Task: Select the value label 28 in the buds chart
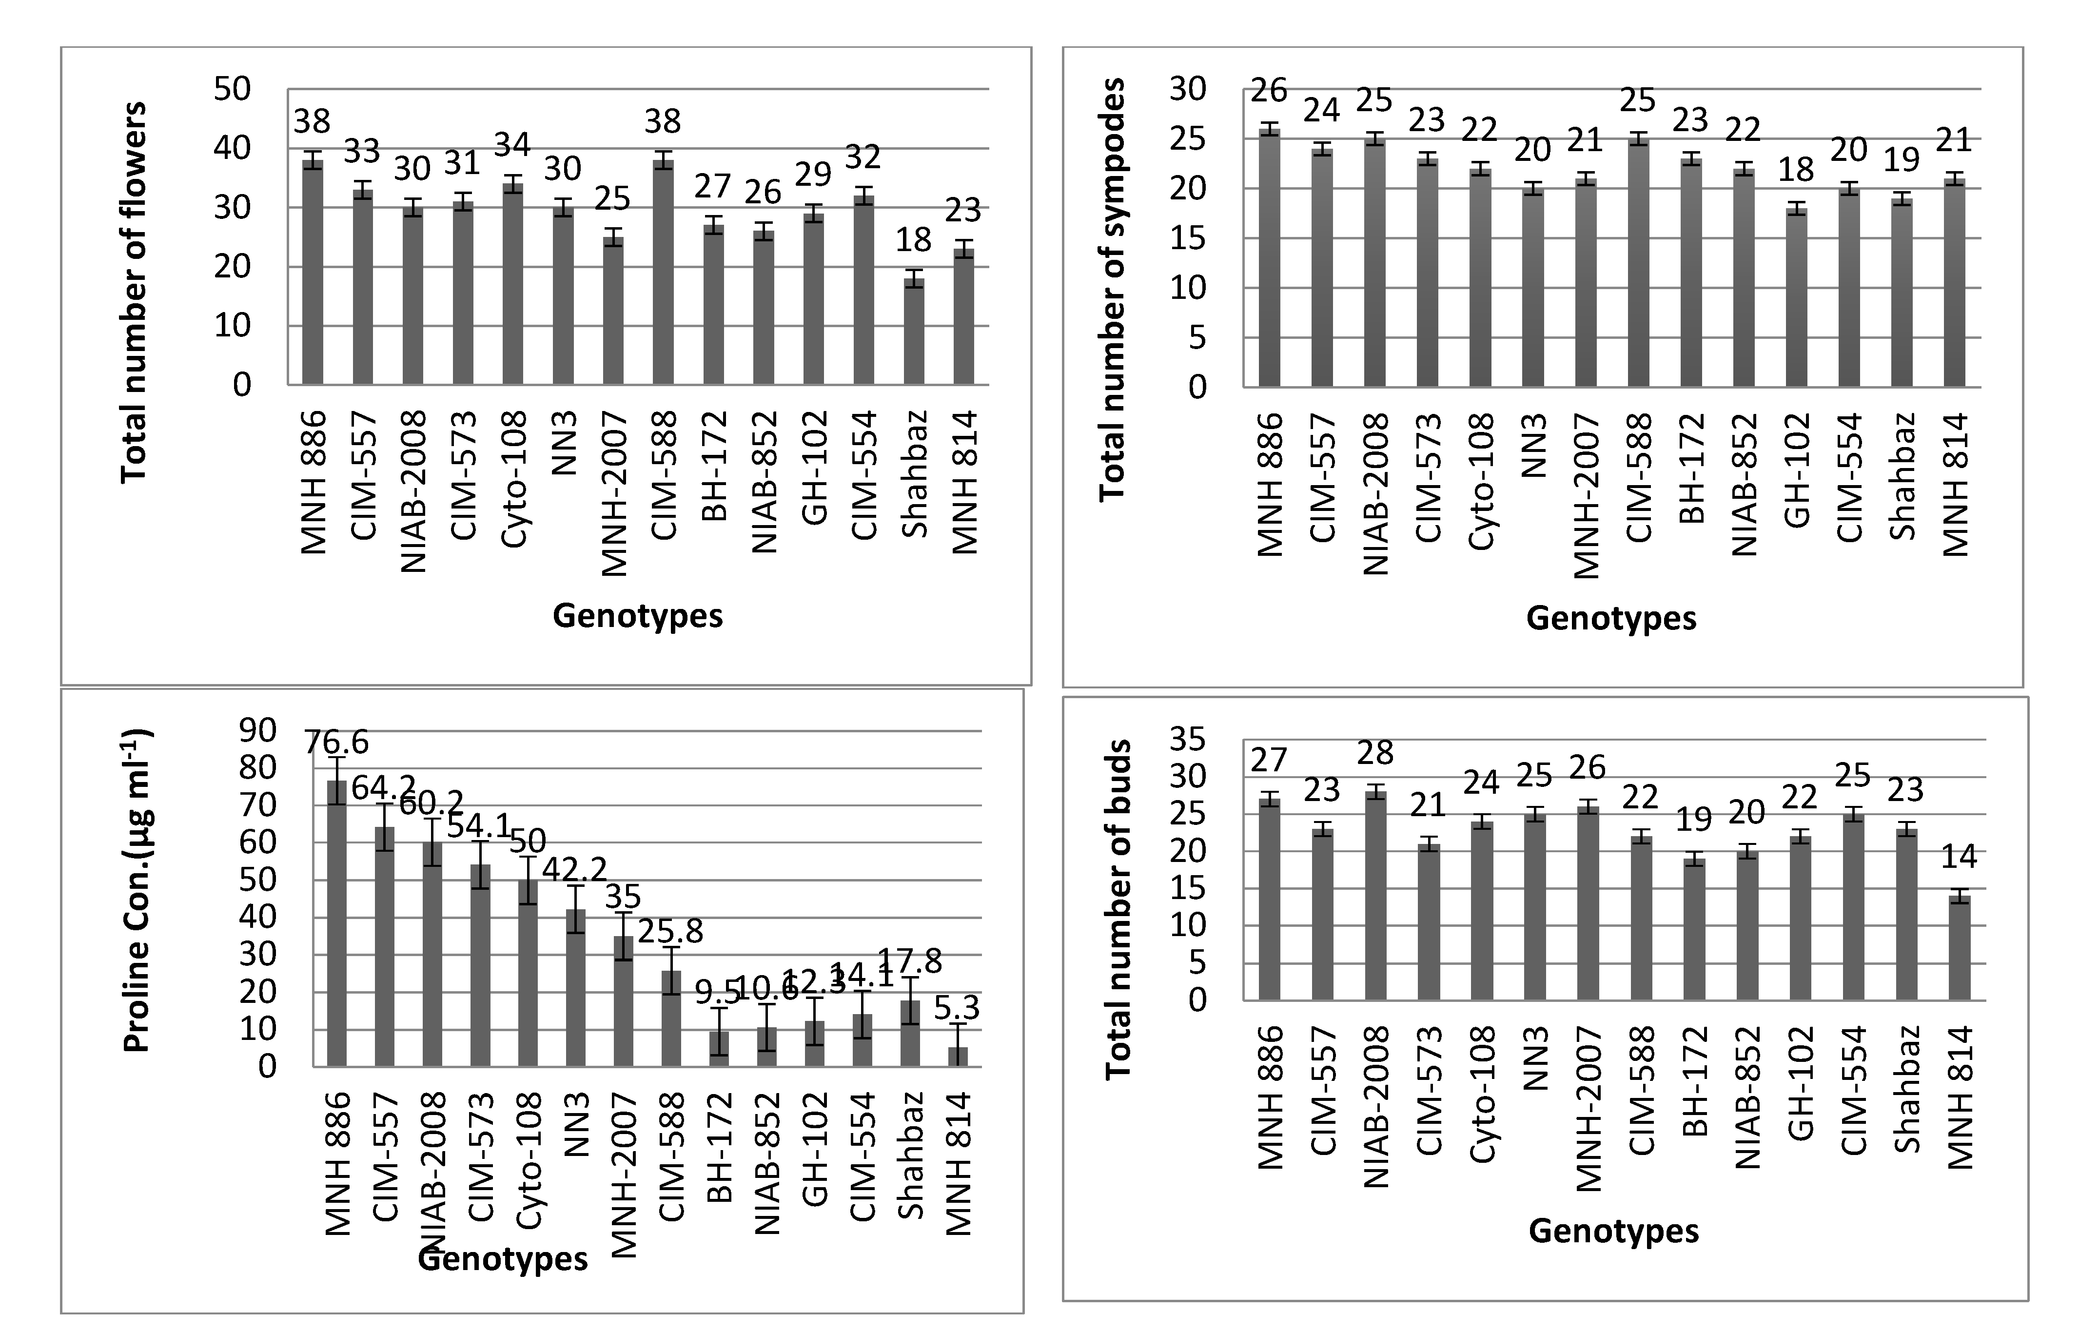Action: [x=1375, y=753]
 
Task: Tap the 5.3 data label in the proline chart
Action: [x=958, y=1008]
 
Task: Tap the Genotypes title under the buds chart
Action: [x=1613, y=1231]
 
